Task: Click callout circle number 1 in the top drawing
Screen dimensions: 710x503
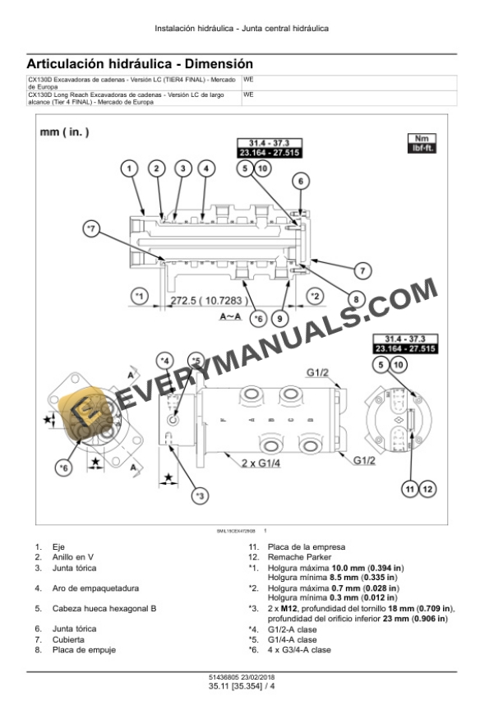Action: pyautogui.click(x=129, y=168)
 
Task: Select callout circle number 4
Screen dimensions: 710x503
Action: pyautogui.click(x=207, y=168)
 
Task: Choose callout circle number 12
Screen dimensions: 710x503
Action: pyautogui.click(x=427, y=491)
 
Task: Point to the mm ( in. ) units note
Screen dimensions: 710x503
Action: pyautogui.click(x=65, y=131)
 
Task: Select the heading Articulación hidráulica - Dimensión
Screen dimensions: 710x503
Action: pyautogui.click(x=140, y=63)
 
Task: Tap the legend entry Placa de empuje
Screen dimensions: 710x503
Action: pyautogui.click(x=84, y=650)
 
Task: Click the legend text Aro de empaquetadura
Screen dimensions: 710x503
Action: pyautogui.click(x=95, y=588)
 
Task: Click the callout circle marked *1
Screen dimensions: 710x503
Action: pyautogui.click(x=139, y=295)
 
